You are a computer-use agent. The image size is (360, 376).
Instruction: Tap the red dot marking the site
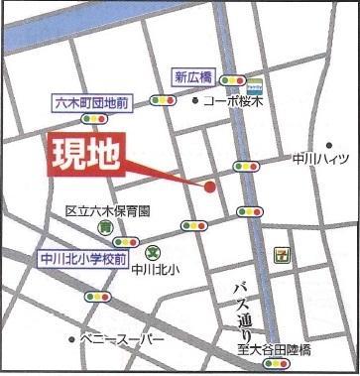click(x=210, y=185)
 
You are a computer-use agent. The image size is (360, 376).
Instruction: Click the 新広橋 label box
click(x=195, y=76)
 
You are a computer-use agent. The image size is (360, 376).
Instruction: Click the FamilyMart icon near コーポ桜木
click(x=255, y=87)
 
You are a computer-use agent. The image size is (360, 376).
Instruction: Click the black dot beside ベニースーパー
click(x=71, y=339)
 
